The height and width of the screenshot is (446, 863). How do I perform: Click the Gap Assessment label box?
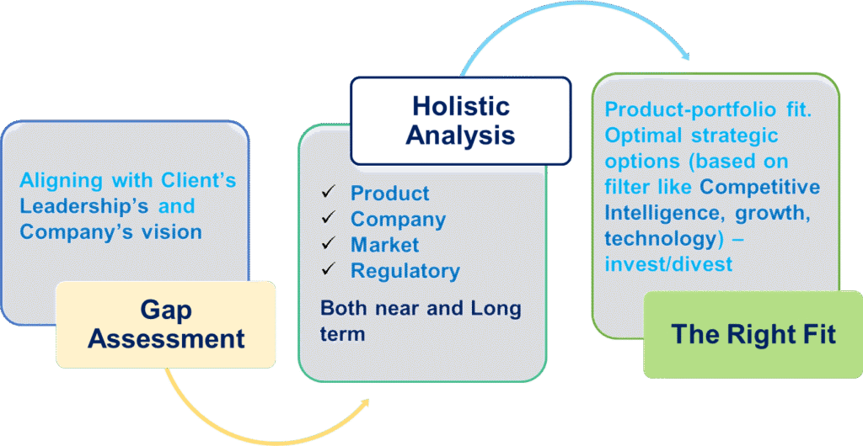[x=166, y=324]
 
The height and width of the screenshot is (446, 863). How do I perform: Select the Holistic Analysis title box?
[x=461, y=121]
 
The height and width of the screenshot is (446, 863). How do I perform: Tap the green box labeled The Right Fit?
[x=753, y=335]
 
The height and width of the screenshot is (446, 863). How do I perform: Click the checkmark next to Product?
[x=329, y=192]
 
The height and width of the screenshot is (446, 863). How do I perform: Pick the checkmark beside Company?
[x=329, y=218]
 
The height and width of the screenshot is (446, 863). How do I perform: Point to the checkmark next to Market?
[x=329, y=244]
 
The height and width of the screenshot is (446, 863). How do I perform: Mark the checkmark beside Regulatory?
[x=329, y=269]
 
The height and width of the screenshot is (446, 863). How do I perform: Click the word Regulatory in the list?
[x=405, y=271]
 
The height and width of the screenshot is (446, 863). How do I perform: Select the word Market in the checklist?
[x=384, y=244]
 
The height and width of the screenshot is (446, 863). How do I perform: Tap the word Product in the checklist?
[x=389, y=193]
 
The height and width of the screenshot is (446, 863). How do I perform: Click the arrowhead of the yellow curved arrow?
[x=364, y=403]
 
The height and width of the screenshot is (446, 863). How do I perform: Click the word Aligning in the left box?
[x=61, y=180]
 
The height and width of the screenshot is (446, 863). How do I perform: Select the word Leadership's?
[x=84, y=206]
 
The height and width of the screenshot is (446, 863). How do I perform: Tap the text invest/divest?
[x=668, y=264]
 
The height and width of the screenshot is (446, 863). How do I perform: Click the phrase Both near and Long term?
[x=421, y=321]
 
